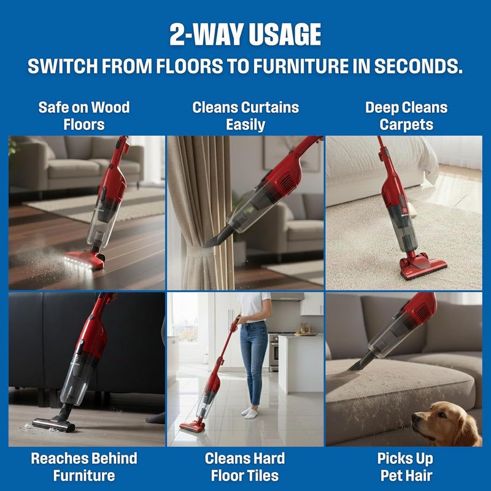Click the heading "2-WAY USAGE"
245,34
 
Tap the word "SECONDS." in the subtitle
419,66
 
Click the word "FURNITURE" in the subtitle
301,66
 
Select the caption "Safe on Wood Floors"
84,116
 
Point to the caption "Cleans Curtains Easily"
245,116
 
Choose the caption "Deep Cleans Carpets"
406,116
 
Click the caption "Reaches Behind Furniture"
84,467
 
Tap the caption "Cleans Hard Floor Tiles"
245,467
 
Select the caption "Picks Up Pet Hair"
406,467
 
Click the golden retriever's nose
416,418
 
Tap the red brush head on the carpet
423,265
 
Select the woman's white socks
250,412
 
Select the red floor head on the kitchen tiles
193,425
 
